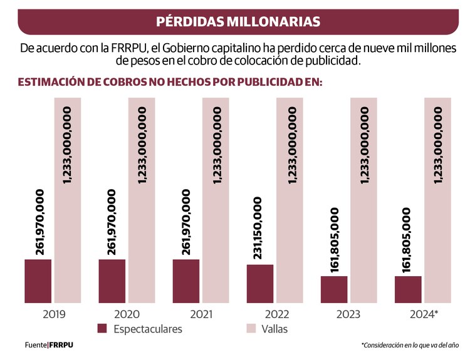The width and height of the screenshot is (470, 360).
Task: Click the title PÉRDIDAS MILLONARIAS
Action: [238, 21]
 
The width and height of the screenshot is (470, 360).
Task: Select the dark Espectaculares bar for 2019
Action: [38, 280]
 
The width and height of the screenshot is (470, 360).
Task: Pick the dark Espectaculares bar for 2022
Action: [260, 284]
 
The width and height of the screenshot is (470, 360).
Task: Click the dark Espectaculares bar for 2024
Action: [408, 289]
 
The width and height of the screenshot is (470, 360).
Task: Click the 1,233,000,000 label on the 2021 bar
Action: [216, 145]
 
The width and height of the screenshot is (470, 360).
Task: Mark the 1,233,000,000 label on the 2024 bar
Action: [438, 145]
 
